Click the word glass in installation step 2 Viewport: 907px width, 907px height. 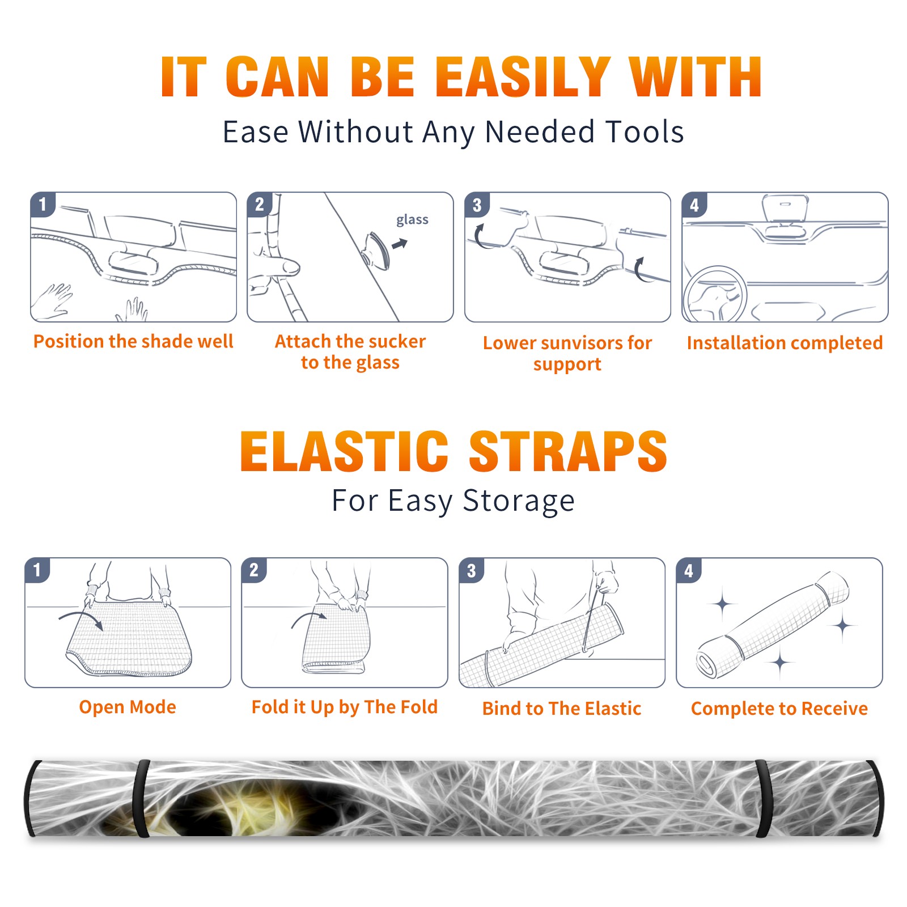(412, 220)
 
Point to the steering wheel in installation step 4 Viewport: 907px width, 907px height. (715, 295)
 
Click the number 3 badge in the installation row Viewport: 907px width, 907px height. (477, 205)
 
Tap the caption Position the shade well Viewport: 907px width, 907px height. (133, 341)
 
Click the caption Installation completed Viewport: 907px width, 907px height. (785, 343)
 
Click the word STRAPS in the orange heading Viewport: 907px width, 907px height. (568, 451)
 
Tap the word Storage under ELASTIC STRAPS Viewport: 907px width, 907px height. (519, 501)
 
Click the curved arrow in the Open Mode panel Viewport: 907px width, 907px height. (81, 618)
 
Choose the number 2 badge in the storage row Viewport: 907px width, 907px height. (254, 570)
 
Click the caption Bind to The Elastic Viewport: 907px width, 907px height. (562, 709)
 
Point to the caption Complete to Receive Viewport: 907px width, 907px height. (779, 709)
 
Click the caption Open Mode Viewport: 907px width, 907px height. (128, 707)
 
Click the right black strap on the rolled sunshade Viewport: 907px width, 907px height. (764, 799)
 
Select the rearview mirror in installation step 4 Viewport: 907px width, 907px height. (785, 209)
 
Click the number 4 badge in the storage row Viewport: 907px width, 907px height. (689, 570)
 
